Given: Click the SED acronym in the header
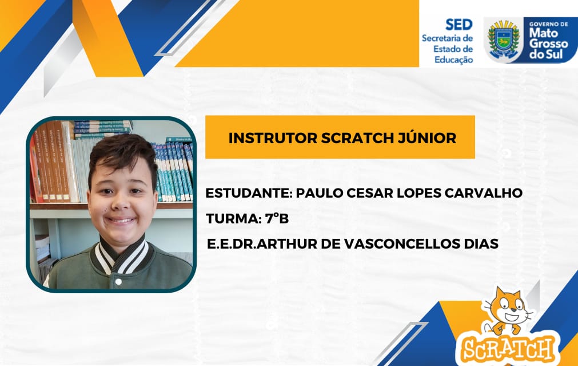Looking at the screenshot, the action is point(459,25).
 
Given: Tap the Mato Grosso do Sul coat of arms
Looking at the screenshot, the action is point(504,40).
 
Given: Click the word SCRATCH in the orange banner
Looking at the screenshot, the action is point(357,138).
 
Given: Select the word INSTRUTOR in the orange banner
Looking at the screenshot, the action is point(273,138).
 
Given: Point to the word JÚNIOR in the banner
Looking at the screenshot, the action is point(427,137).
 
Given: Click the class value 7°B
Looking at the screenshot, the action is point(277,219).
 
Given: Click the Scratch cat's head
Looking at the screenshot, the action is point(508,305).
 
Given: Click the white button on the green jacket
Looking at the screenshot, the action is point(118,282).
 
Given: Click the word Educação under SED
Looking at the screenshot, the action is point(453,60).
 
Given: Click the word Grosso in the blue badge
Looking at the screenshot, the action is point(548,44).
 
